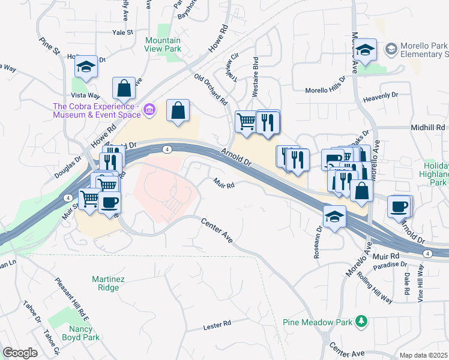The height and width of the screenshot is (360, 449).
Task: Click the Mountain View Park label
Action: [x=163, y=45]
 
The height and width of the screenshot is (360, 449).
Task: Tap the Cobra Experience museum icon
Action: [x=149, y=109]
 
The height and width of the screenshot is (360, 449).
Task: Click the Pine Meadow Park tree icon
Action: [x=361, y=322]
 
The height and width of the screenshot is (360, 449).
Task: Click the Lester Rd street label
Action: [x=217, y=325]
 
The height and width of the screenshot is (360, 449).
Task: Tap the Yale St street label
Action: [x=122, y=32]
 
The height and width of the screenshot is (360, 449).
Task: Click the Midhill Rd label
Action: [x=428, y=128]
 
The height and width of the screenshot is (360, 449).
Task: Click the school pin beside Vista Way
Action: [x=86, y=67]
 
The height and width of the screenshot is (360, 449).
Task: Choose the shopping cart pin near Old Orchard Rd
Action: [x=246, y=122]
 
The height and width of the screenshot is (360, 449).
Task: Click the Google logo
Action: [x=20, y=353]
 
